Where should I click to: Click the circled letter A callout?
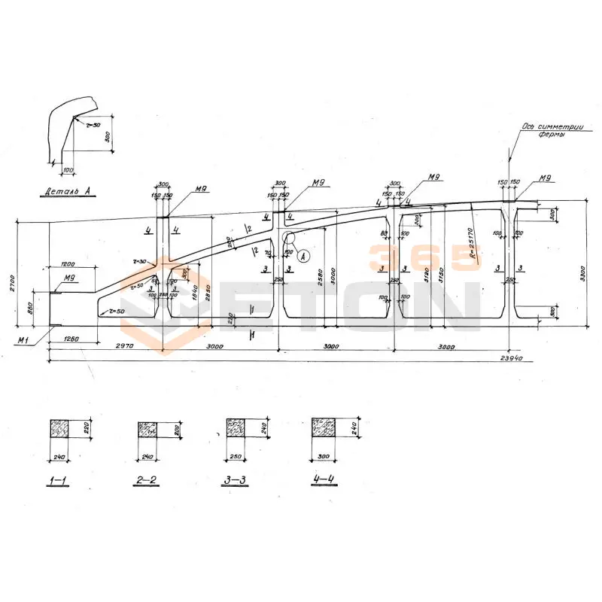303,256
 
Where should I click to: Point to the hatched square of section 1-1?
59,430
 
